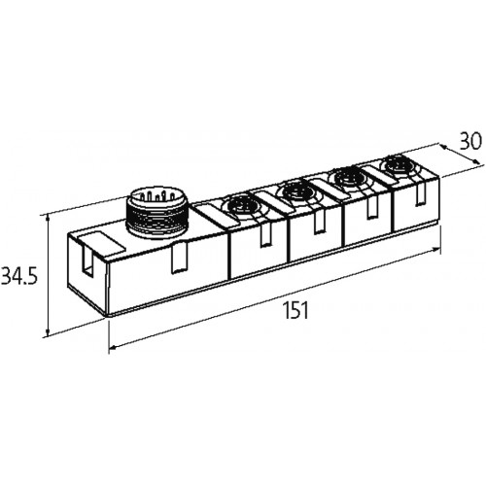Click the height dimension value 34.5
(19, 275)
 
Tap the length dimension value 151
(295, 310)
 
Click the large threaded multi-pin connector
(157, 213)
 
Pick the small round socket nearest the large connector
(240, 205)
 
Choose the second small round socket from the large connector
(297, 192)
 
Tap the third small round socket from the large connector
(349, 178)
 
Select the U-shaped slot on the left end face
(87, 259)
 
